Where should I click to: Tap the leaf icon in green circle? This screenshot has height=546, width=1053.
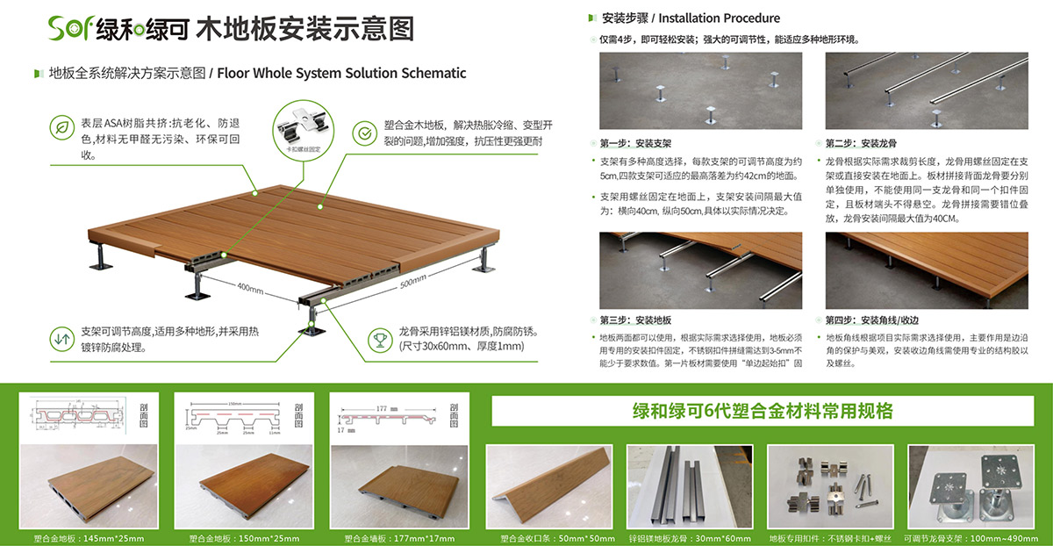pyautogui.click(x=62, y=128)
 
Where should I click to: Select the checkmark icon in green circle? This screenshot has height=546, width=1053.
pyautogui.click(x=363, y=133)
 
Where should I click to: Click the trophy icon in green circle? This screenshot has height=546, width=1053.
pyautogui.click(x=379, y=338)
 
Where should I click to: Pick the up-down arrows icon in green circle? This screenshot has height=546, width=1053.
pyautogui.click(x=62, y=338)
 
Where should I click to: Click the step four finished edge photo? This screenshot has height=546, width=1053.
pyautogui.click(x=926, y=269)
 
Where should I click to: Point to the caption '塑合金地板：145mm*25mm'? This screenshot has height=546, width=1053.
pyautogui.click(x=89, y=537)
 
